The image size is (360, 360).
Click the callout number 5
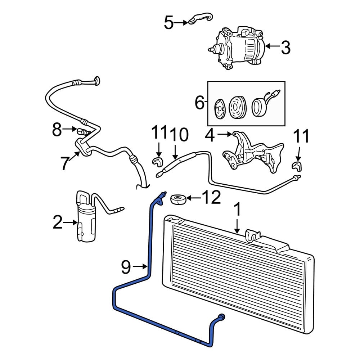pyautogui.click(x=169, y=23)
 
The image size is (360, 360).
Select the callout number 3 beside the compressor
pyautogui.click(x=286, y=48)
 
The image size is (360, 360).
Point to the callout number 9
pyautogui.click(x=126, y=266)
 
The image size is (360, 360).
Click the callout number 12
pyautogui.click(x=211, y=197)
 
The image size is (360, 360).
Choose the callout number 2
pyautogui.click(x=57, y=222)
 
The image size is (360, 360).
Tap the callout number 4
pyautogui.click(x=210, y=135)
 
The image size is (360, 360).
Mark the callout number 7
pyautogui.click(x=64, y=163)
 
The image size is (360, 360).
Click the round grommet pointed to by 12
pyautogui.click(x=178, y=199)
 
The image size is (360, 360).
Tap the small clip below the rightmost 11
pyautogui.click(x=297, y=165)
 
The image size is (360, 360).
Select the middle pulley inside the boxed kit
pyautogui.click(x=238, y=107)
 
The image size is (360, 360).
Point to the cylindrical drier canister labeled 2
pyautogui.click(x=86, y=223)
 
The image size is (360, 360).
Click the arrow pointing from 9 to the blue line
pyautogui.click(x=140, y=266)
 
